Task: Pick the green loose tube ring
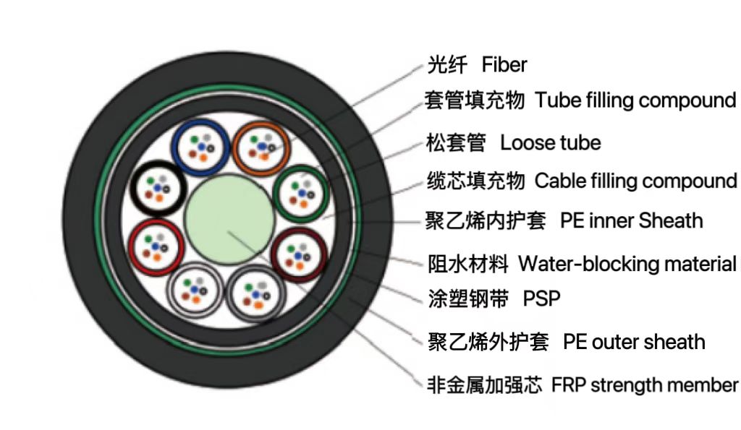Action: tap(279, 189)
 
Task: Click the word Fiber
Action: tap(504, 65)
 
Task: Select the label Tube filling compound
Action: tap(635, 100)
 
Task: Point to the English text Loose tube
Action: tap(550, 142)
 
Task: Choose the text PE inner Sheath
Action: tap(631, 220)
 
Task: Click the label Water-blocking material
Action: tap(626, 264)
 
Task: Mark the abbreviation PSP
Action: tap(542, 298)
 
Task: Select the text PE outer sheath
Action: tap(634, 342)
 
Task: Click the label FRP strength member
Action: tap(645, 384)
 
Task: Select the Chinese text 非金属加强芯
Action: tap(484, 384)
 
